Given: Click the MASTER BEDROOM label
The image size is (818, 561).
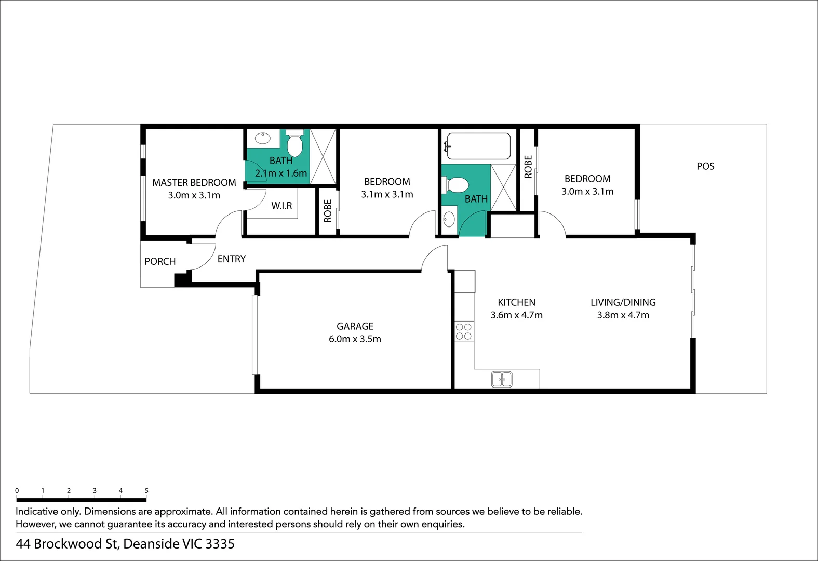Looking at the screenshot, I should tap(194, 182).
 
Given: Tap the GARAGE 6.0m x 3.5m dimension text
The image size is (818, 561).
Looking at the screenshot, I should tap(355, 339).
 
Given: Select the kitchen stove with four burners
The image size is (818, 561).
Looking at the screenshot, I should tap(464, 331).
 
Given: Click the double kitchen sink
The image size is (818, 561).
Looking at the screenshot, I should tap(502, 379).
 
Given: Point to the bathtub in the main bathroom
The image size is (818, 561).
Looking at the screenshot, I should tap(478, 146).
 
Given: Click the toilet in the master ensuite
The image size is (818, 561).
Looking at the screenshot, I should tap(294, 143).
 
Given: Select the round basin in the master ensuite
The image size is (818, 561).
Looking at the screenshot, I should tap(263, 138).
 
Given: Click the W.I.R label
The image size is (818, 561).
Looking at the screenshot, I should tap(281, 206).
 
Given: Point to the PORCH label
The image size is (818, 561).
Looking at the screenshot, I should tap(160, 261).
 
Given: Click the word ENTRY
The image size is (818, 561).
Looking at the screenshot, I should tap(232, 259).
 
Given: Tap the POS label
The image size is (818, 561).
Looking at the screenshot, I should tap(705, 166).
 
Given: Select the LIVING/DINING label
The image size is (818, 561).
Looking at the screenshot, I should tap(623, 302).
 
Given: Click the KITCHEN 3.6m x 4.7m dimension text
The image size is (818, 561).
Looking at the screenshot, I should tap(516, 315).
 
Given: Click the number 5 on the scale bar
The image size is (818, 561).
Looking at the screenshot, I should tap(146, 490).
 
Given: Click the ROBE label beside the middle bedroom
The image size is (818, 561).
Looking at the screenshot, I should tap(328, 211).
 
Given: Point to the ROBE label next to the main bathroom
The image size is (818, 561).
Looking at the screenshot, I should tap(528, 167).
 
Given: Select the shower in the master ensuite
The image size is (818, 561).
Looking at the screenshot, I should tap(323, 156).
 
